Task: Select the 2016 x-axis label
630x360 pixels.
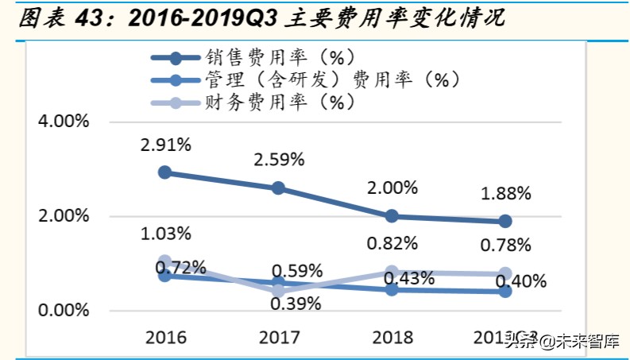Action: tap(165, 337)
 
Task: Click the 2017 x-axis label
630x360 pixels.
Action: tap(279, 337)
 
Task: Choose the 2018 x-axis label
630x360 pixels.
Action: tap(392, 337)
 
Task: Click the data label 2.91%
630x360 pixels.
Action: tap(165, 145)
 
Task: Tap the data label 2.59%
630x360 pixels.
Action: tap(279, 160)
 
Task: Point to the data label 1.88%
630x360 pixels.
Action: tap(505, 193)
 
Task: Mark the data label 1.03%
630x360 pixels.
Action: tap(165, 234)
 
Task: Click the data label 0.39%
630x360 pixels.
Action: tap(295, 304)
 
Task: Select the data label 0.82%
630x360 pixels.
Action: tap(392, 243)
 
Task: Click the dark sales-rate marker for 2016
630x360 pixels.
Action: tap(165, 172)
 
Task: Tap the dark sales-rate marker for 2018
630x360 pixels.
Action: tap(392, 216)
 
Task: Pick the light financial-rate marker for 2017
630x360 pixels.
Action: tap(279, 292)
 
